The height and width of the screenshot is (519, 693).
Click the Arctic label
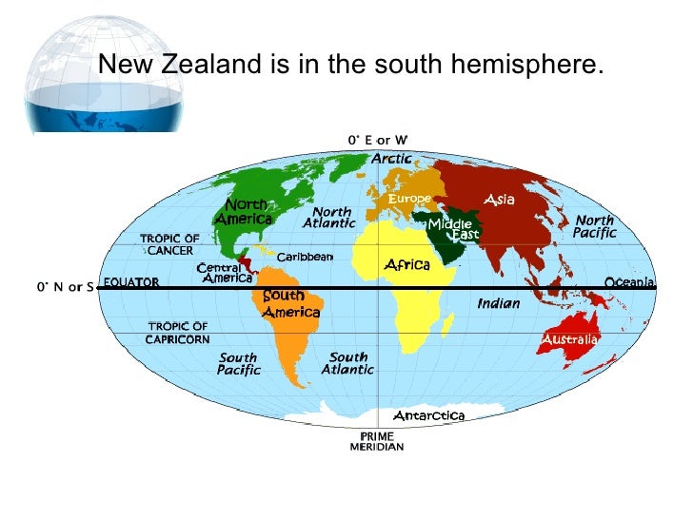(x=391, y=159)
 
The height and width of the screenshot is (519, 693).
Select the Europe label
(x=409, y=199)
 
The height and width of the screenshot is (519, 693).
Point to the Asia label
(x=499, y=200)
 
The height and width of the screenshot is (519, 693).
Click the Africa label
(x=407, y=264)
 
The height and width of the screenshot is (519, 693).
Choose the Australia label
(x=569, y=338)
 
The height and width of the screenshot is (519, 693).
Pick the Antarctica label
(x=428, y=415)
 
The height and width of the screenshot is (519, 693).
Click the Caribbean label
(x=305, y=257)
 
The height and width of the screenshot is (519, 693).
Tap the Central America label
(x=225, y=273)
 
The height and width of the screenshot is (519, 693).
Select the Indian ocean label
(x=499, y=303)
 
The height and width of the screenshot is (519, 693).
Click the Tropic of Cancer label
(x=170, y=244)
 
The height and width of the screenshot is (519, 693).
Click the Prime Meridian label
(x=377, y=441)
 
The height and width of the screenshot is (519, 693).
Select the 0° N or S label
(x=65, y=286)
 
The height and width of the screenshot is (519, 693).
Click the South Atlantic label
(x=347, y=363)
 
